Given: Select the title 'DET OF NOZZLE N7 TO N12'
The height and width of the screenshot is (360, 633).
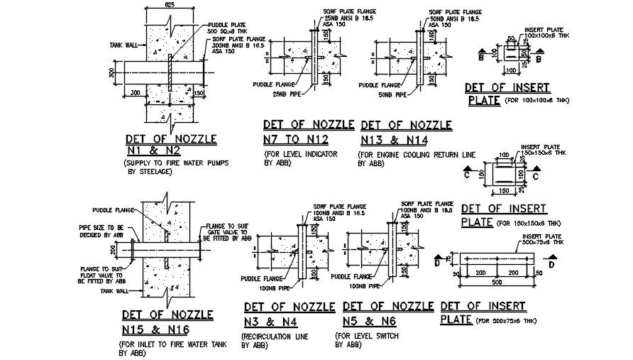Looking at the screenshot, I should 308,132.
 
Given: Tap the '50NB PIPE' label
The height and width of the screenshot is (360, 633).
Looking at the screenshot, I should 391,94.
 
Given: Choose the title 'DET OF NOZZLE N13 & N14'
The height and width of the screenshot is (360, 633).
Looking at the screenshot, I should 406,132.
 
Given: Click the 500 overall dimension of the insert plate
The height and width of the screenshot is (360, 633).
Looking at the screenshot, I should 496,283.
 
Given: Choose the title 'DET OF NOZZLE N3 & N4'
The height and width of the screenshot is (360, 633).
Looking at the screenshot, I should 289,314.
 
